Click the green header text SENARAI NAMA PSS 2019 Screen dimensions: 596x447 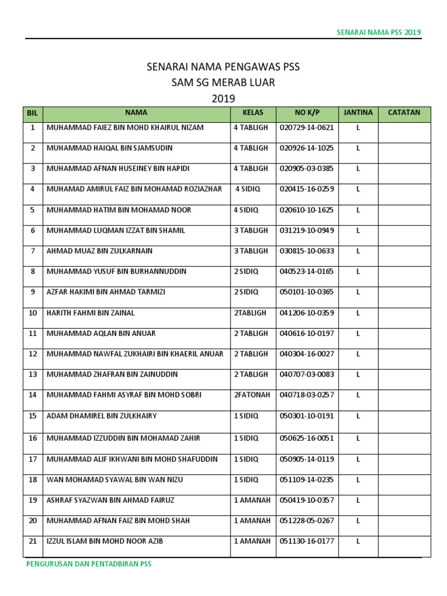379,32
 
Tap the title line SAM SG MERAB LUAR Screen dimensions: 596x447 223,83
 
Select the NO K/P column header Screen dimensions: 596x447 307,112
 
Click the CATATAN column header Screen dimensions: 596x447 404,112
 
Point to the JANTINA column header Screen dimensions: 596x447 358,112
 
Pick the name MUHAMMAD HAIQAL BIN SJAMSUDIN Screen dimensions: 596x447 109,148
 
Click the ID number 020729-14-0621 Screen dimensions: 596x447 307,127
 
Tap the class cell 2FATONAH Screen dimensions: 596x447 251,395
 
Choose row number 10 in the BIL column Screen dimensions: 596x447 33,313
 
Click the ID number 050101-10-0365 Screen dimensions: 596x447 307,292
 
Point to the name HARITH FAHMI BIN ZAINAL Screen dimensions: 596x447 90,313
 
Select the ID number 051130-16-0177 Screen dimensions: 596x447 307,541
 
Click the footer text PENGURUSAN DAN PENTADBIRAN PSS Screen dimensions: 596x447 88,564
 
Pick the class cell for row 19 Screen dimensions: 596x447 252,499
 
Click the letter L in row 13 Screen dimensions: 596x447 358,374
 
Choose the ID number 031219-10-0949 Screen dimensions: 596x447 307,230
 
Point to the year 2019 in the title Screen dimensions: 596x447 223,99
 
